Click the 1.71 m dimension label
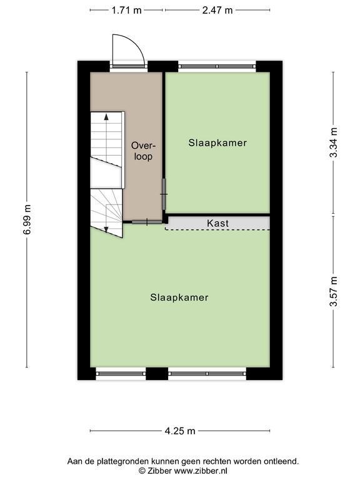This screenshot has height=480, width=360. pyautogui.click(x=126, y=11)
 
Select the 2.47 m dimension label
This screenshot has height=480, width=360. pyautogui.click(x=217, y=11)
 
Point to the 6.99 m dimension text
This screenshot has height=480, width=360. pyautogui.click(x=27, y=219)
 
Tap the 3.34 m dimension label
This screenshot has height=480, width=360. pyautogui.click(x=333, y=142)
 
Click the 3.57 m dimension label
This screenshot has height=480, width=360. pyautogui.click(x=333, y=291)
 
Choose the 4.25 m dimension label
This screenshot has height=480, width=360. pyautogui.click(x=180, y=431)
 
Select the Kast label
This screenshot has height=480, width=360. pyautogui.click(x=217, y=223)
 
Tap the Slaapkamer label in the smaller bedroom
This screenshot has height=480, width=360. pyautogui.click(x=217, y=142)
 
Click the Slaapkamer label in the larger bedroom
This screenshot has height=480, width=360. pyautogui.click(x=179, y=297)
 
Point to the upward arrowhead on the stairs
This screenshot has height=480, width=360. pyautogui.click(x=106, y=117)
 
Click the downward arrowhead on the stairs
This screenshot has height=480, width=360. pyautogui.click(x=106, y=229)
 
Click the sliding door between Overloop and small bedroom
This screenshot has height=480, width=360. pyautogui.click(x=164, y=194)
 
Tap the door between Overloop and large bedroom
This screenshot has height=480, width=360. pyautogui.click(x=147, y=222)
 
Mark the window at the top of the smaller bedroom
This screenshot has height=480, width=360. pyautogui.click(x=217, y=66)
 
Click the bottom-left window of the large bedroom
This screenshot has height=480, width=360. pyautogui.click(x=121, y=374)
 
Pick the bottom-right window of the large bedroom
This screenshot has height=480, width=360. pyautogui.click(x=207, y=374)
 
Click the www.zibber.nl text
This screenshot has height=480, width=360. pyautogui.click(x=201, y=471)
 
